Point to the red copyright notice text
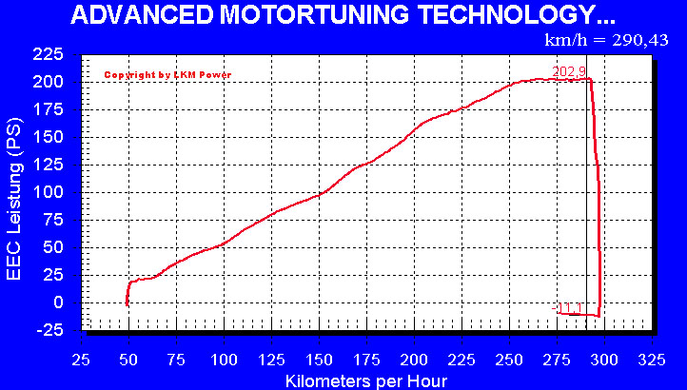pyautogui.click(x=167, y=75)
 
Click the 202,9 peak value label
pyautogui.click(x=568, y=71)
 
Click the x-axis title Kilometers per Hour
pyautogui.click(x=365, y=380)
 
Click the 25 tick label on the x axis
pyautogui.click(x=81, y=360)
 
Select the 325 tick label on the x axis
pyautogui.click(x=652, y=360)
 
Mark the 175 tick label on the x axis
pyautogui.click(x=366, y=360)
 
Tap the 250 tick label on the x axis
pyautogui.click(x=509, y=360)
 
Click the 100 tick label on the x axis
pyautogui.click(x=224, y=360)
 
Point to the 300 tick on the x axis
pyautogui.click(x=604, y=360)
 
